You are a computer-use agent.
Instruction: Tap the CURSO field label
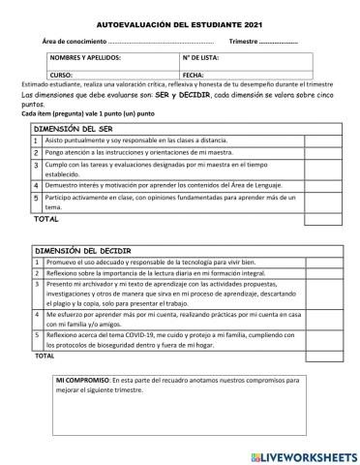coord(62,75)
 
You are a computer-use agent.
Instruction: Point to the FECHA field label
coord(194,75)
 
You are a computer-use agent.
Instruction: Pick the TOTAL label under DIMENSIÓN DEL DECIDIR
coord(45,356)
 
